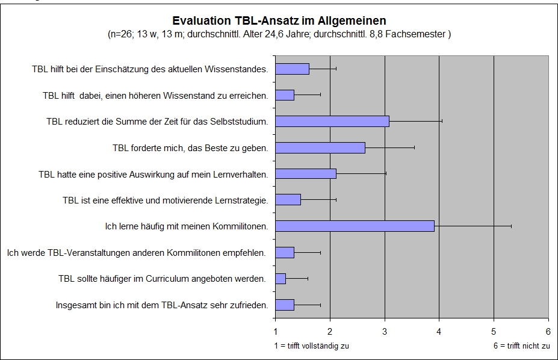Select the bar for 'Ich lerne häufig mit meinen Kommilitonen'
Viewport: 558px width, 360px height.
355,226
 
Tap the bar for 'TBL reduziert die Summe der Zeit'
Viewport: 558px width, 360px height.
332,121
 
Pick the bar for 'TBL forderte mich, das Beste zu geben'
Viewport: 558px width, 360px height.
320,147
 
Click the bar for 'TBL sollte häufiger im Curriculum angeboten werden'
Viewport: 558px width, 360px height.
280,279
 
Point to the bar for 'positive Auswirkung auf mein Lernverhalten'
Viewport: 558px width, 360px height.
305,174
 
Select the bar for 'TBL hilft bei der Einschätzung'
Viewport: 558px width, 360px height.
292,69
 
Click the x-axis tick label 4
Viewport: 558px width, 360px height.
439,331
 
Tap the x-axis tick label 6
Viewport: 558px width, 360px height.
548,331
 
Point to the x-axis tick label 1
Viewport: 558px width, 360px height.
276,331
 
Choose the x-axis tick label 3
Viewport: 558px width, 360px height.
385,331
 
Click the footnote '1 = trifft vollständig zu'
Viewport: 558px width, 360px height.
311,346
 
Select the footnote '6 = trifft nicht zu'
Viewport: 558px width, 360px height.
521,346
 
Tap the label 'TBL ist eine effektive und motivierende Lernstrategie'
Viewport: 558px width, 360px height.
166,200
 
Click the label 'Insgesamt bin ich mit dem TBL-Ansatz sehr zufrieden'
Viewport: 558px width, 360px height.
162,305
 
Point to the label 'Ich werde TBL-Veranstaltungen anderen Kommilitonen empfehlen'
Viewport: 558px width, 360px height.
137,253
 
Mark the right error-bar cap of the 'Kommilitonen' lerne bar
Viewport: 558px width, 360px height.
511,226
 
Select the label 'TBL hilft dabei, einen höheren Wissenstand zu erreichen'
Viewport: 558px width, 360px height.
155,95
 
